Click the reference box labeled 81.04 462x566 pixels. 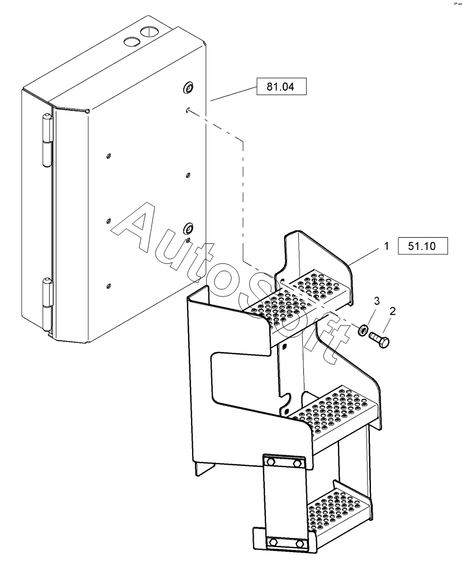click(x=282, y=86)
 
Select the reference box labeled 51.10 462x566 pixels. click(x=422, y=246)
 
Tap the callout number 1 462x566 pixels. click(x=386, y=246)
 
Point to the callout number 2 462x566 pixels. click(x=393, y=311)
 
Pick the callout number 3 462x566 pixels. click(x=377, y=301)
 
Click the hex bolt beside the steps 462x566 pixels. click(x=379, y=339)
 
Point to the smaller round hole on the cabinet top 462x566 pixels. click(x=131, y=42)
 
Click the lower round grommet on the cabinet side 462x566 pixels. click(x=188, y=228)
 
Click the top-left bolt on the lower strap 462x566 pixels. click(x=270, y=461)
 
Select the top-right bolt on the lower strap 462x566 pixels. click(x=297, y=463)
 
